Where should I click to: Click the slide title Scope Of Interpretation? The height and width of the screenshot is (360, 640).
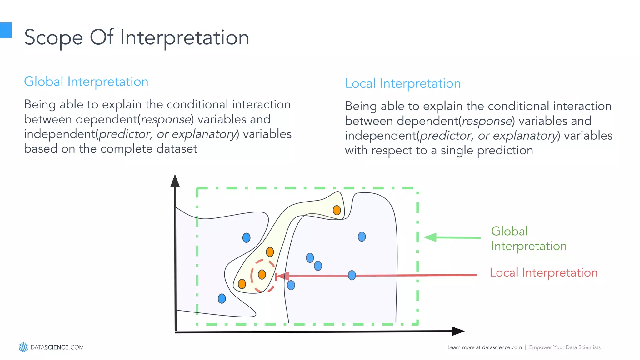[x=137, y=37]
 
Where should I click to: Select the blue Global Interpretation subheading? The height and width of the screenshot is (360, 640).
[x=86, y=82]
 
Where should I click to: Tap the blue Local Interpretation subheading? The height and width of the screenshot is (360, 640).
[x=403, y=83]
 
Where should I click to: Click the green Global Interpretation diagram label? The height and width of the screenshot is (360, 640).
[x=528, y=239]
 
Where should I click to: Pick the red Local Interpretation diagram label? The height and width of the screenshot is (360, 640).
[x=543, y=273]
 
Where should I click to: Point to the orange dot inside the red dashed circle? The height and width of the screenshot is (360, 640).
[x=262, y=275]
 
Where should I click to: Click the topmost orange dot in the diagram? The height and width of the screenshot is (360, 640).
[x=337, y=210]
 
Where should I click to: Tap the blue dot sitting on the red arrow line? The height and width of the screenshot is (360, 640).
[x=352, y=275]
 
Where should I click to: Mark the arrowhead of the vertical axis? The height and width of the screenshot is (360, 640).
[x=175, y=181]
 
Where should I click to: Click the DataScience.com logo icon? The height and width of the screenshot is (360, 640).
[x=23, y=347]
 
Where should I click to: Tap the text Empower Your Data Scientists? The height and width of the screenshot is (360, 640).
[x=565, y=347]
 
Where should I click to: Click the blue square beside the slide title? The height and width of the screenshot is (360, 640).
[x=6, y=30]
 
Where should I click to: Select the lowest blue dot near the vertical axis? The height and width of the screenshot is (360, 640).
[x=222, y=299]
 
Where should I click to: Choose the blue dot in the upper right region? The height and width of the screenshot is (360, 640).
[x=362, y=237]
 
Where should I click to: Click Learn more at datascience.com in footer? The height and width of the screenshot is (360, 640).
[x=484, y=347]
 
